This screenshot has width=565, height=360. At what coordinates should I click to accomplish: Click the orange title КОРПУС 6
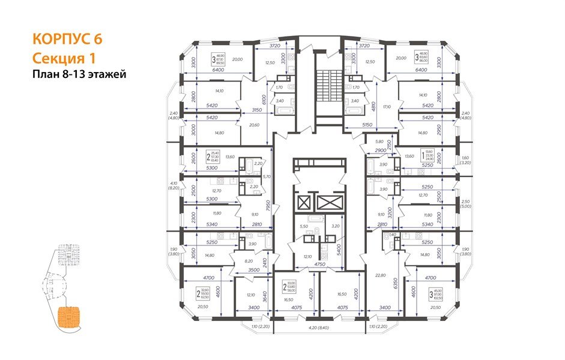pos(67,39)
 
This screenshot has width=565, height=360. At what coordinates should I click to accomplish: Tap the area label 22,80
pos(379,275)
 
